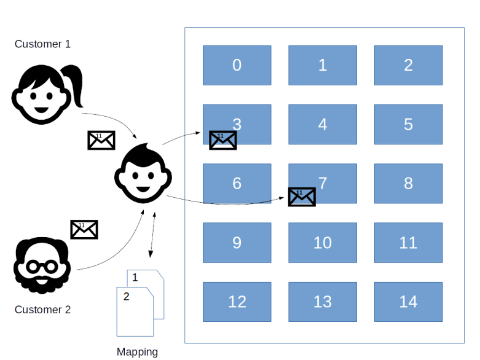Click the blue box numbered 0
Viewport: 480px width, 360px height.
[x=237, y=65]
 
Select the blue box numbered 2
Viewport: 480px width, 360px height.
[x=408, y=65]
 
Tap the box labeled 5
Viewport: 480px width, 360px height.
[x=408, y=124]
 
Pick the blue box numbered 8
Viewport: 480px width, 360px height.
[x=408, y=183]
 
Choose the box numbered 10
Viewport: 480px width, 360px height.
[x=322, y=243]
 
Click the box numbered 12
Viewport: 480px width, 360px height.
[x=237, y=302]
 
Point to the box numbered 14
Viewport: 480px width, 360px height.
[x=408, y=302]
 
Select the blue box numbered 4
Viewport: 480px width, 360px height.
[x=322, y=124]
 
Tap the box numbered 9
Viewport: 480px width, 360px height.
[x=237, y=243]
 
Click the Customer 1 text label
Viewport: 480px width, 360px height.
[x=42, y=44]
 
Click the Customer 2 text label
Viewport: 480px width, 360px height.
[x=42, y=310]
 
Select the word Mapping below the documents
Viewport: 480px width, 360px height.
[x=137, y=352]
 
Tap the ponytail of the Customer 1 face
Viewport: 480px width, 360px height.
[x=76, y=86]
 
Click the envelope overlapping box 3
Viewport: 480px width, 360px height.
[x=222, y=141]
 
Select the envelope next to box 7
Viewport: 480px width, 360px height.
[x=301, y=197]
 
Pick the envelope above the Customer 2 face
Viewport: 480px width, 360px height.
[x=84, y=229]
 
